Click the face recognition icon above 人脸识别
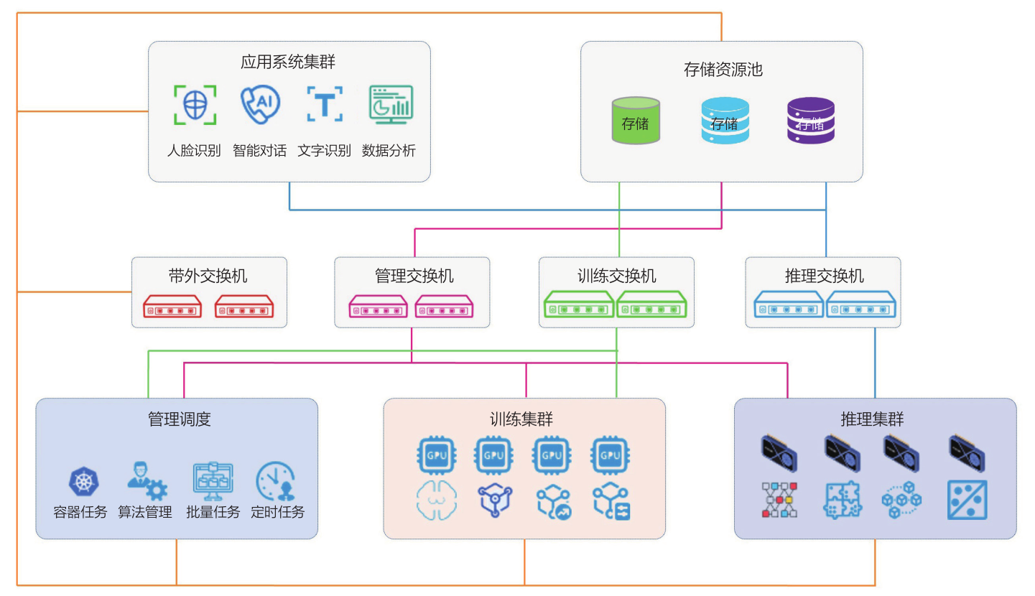click(x=194, y=106)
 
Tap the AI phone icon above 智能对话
click(x=259, y=106)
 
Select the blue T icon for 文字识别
click(x=325, y=106)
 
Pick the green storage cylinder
click(x=636, y=121)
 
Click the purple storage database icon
click(x=810, y=121)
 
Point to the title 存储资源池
click(x=723, y=70)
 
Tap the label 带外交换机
click(x=208, y=276)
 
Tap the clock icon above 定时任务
click(x=276, y=480)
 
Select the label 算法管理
click(x=145, y=513)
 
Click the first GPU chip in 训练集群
click(x=435, y=455)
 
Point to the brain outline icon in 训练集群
click(x=435, y=501)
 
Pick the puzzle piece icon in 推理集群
click(x=842, y=500)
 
